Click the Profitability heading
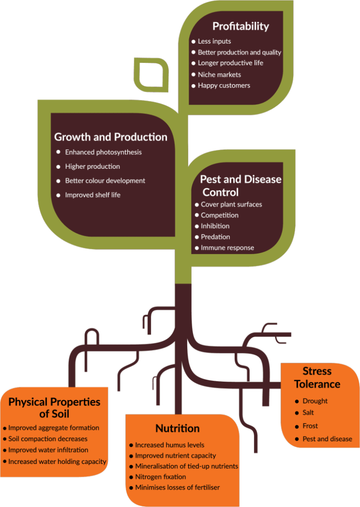click(241, 26)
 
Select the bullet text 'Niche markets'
click(219, 75)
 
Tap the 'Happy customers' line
click(224, 86)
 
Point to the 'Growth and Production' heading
click(110, 137)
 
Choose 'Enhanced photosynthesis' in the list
click(103, 152)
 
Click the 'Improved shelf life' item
click(93, 195)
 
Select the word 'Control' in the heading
click(220, 193)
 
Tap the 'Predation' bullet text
click(215, 237)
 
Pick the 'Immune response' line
click(227, 248)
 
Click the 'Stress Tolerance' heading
click(317, 378)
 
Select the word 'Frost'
click(310, 426)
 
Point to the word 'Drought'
click(315, 401)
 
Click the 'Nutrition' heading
click(178, 428)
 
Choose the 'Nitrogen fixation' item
click(160, 477)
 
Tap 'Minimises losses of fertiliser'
click(177, 488)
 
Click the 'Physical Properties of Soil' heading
click(54, 408)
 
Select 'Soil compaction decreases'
click(48, 439)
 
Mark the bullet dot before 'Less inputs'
click(194, 42)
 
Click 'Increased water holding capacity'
click(57, 462)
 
